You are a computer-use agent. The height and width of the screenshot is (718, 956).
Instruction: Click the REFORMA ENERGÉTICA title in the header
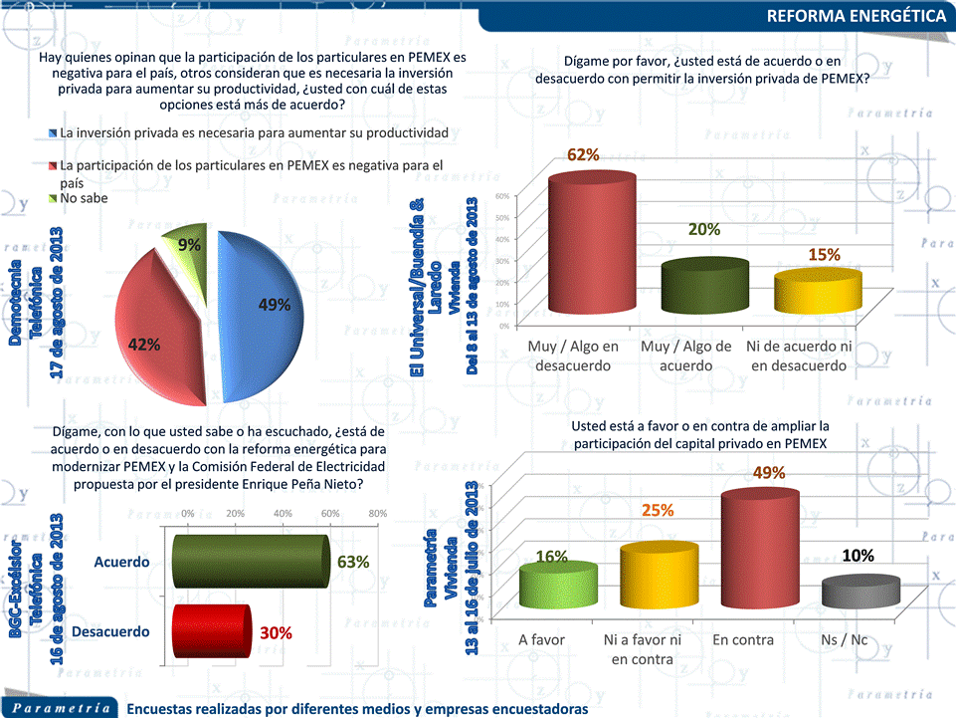coord(857,17)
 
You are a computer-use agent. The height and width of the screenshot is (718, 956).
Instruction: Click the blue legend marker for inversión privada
coord(53,132)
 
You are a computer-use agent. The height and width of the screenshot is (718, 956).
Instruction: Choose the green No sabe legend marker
coord(53,199)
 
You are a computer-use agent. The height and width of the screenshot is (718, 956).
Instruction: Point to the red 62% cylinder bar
coord(592,244)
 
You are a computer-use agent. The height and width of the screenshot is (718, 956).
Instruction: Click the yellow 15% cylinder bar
coord(810,293)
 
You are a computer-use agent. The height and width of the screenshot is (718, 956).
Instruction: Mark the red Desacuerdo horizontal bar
coord(210,631)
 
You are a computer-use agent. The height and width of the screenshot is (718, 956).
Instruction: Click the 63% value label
coord(353,563)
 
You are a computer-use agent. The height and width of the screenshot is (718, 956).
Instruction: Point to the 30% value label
coord(276,632)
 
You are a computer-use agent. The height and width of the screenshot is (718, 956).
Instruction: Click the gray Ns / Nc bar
coord(860,592)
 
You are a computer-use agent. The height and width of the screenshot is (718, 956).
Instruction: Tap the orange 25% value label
coord(658,510)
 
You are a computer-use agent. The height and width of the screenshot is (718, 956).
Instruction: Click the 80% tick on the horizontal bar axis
coord(377,513)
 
